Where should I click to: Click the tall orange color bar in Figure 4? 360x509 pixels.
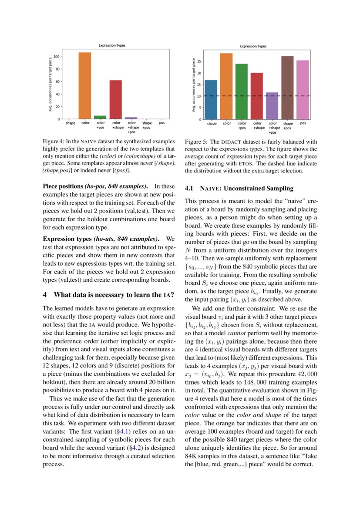click(x=85, y=86)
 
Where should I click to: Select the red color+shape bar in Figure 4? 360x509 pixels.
click(x=115, y=100)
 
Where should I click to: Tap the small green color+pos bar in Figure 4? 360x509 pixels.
click(x=100, y=117)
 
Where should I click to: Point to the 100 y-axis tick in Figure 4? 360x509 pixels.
click(x=55, y=57)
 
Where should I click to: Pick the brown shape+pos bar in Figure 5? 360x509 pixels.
click(x=287, y=88)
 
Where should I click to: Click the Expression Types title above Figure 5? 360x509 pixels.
click(x=253, y=46)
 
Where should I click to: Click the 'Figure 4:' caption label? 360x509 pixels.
click(x=54, y=142)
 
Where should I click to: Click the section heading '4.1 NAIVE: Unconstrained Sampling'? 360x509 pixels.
click(x=239, y=189)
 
